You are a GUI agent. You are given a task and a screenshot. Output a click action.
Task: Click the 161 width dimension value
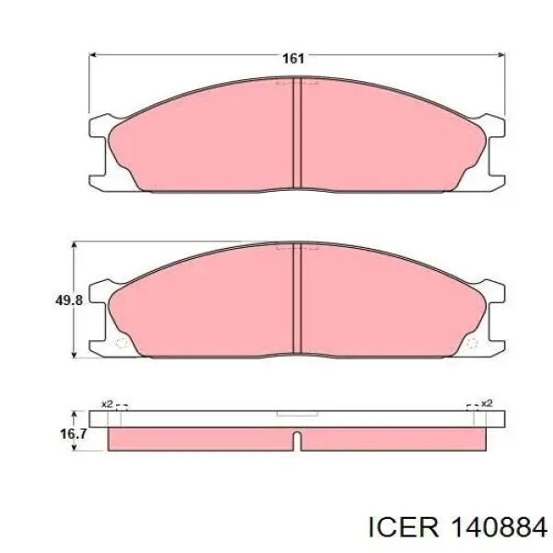pyautogui.click(x=293, y=59)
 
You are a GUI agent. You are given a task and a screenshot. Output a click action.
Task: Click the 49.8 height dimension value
pyautogui.click(x=69, y=300)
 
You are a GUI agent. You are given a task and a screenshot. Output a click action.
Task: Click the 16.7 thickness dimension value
pyautogui.click(x=73, y=434)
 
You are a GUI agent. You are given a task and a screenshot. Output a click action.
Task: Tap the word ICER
pyautogui.click(x=403, y=528)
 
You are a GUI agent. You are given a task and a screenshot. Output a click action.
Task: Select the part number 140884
pyautogui.click(x=499, y=528)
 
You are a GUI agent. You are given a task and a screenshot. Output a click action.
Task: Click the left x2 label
pyautogui.click(x=107, y=404)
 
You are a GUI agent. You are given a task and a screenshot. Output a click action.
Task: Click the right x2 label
pyautogui.click(x=487, y=403)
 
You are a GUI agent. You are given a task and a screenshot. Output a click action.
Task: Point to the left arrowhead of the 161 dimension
pyautogui.click(x=92, y=54)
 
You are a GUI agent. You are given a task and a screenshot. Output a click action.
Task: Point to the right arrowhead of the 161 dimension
pyautogui.click(x=501, y=54)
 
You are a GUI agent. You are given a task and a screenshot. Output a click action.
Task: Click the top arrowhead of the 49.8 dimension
pyautogui.click(x=74, y=245)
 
